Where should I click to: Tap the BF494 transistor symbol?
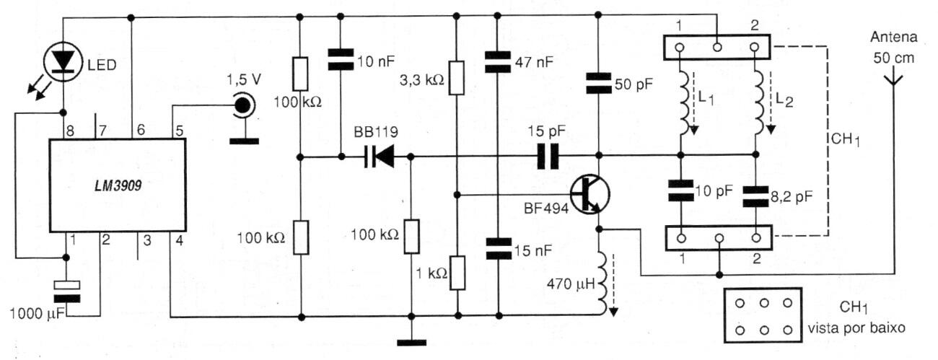click(x=589, y=193)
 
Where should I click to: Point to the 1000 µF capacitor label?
click(x=34, y=315)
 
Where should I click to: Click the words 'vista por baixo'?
click(x=866, y=327)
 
